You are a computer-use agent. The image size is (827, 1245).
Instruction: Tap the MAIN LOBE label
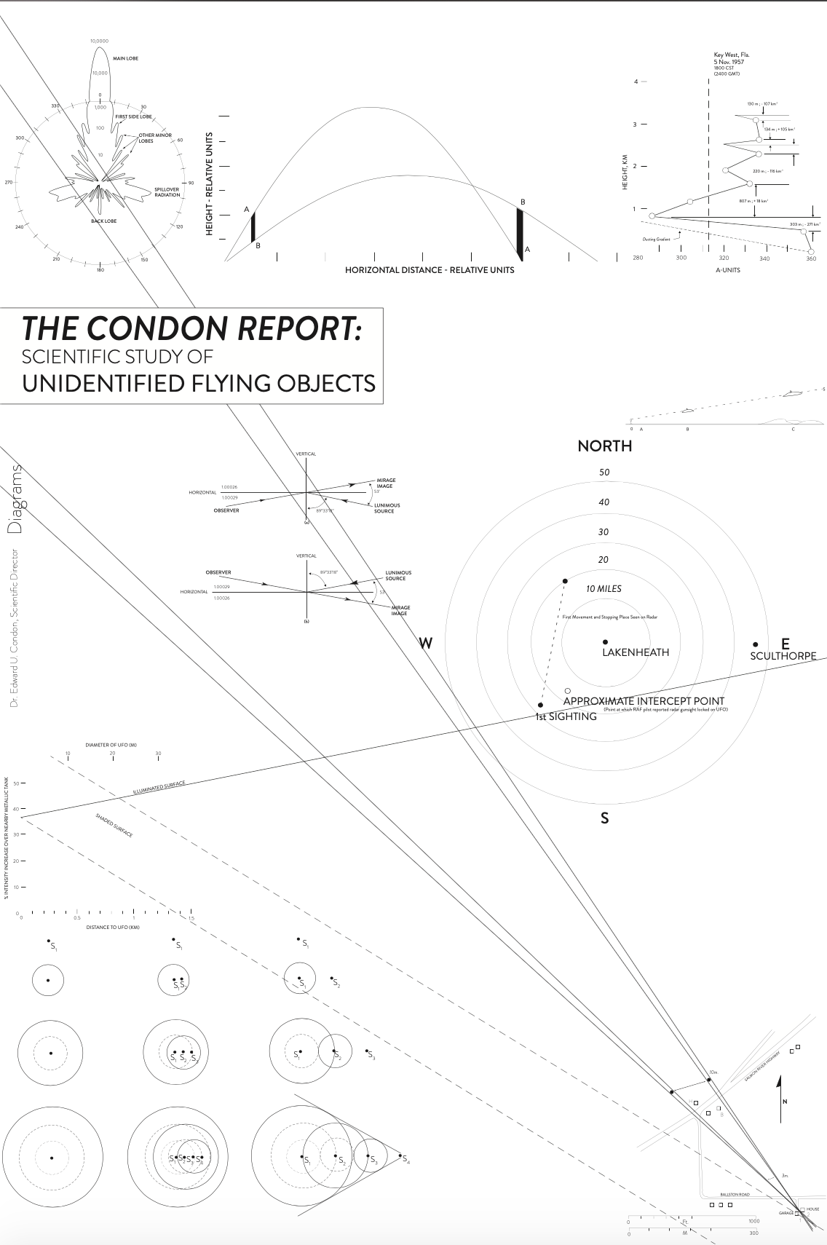pos(125,58)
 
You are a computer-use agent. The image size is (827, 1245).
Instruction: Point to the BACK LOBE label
pos(103,220)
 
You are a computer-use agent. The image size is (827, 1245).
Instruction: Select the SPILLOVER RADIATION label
pos(167,192)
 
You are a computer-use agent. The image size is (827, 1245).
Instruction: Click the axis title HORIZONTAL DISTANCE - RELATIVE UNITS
pos(430,270)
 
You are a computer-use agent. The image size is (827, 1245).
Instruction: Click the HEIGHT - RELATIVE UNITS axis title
pos(210,183)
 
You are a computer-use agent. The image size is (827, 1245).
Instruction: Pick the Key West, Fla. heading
pos(732,55)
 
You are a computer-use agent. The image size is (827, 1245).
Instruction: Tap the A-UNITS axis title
pos(727,269)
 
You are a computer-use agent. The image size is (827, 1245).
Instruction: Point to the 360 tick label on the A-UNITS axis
pos(811,258)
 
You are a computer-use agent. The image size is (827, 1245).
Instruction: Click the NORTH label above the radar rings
pos(604,446)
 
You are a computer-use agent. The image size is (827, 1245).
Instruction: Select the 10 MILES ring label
pos(604,588)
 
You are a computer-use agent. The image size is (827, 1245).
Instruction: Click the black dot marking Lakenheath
pos(605,641)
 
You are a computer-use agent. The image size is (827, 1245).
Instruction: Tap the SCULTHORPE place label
pos(783,656)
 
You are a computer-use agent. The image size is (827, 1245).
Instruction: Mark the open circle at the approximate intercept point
pos(568,690)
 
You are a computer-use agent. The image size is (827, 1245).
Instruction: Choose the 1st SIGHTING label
pos(566,716)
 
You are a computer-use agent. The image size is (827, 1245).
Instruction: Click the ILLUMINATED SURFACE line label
pos(159,788)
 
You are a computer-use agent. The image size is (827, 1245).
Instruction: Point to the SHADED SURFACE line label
pos(114,825)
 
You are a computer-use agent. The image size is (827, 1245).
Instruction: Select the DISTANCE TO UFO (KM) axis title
pos(113,927)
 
